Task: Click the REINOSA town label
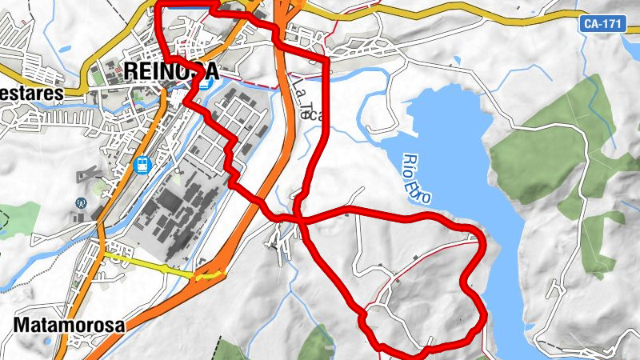coord(170,70)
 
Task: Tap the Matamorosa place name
coord(70,326)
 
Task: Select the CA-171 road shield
coord(601,24)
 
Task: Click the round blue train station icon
coord(143,166)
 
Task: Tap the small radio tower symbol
coord(80,203)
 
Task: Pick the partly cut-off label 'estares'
coord(30,93)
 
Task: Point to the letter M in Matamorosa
coord(22,326)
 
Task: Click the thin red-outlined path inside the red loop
coord(416,264)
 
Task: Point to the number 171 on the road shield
coord(610,24)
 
